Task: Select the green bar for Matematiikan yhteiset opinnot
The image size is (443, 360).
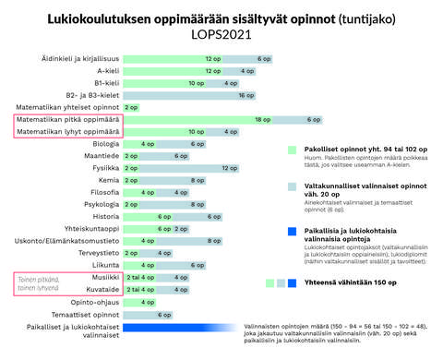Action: [131, 107]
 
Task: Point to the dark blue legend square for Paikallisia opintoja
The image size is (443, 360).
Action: [292, 231]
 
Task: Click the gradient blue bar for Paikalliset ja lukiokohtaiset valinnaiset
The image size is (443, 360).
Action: [175, 327]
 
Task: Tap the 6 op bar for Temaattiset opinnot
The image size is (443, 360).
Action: [162, 314]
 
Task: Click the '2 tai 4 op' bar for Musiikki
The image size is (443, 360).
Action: [139, 277]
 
